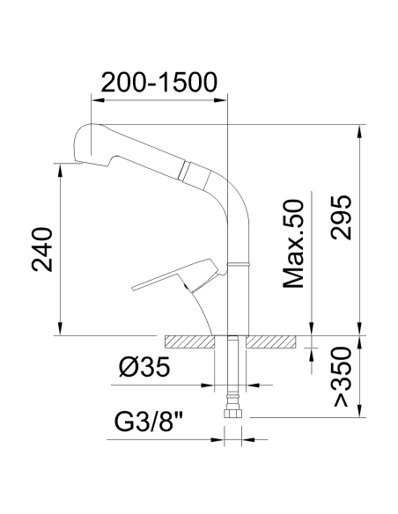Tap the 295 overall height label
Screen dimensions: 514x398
pos(342,217)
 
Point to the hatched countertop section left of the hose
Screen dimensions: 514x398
pos(188,341)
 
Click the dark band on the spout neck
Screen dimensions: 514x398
pos(185,168)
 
